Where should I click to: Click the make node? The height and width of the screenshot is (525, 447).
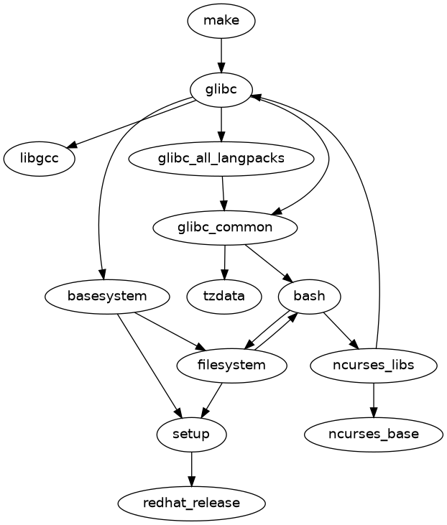[x=221, y=21]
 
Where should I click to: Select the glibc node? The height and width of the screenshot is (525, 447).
[x=221, y=90]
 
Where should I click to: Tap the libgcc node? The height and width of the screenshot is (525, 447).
[x=40, y=159]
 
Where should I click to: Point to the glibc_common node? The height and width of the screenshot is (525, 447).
[x=225, y=228]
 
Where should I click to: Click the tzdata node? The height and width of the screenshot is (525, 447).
[x=224, y=296]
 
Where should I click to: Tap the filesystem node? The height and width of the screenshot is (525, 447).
[x=232, y=365]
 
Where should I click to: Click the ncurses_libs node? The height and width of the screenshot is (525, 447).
[x=374, y=365]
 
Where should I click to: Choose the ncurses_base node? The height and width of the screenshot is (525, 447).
[x=374, y=434]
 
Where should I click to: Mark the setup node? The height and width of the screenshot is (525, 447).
[x=191, y=434]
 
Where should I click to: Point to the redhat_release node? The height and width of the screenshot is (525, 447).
[x=191, y=503]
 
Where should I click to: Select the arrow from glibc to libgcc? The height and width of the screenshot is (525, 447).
[x=129, y=124]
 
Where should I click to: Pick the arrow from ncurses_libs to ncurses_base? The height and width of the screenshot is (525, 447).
[x=374, y=399]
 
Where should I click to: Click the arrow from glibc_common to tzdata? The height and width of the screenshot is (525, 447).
[x=225, y=261]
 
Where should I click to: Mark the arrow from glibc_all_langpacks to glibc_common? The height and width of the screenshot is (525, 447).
[x=223, y=193]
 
